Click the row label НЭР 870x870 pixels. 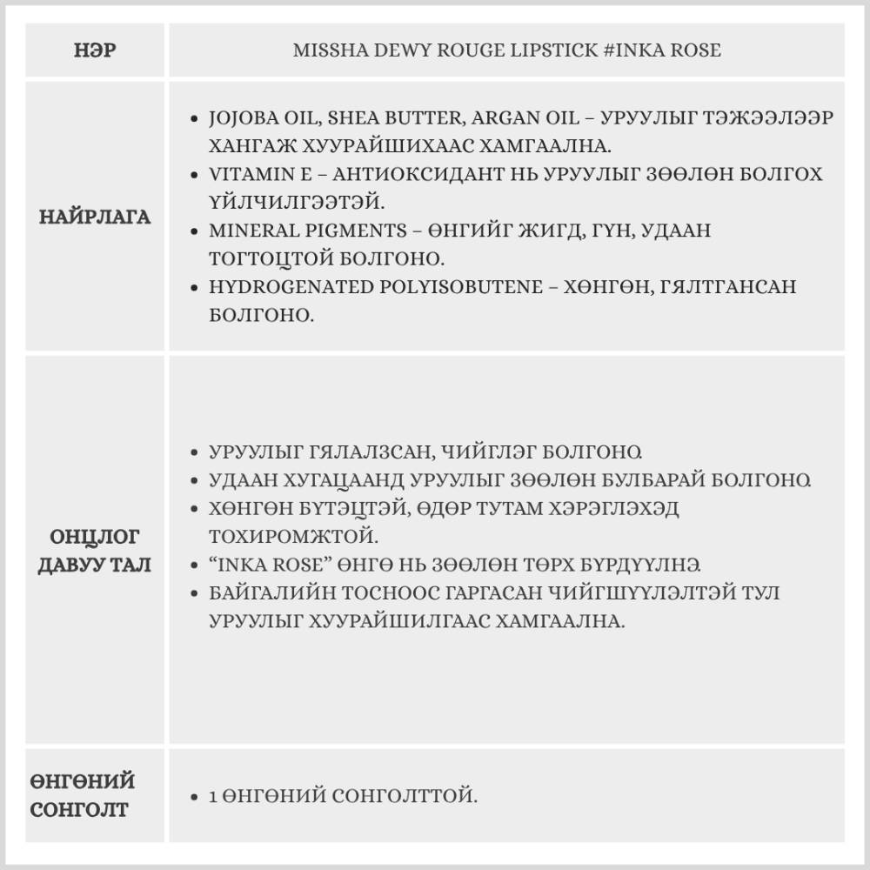95,50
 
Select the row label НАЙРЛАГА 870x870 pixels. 95,217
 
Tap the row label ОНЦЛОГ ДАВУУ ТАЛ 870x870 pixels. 95,551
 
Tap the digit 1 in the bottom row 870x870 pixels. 214,796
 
